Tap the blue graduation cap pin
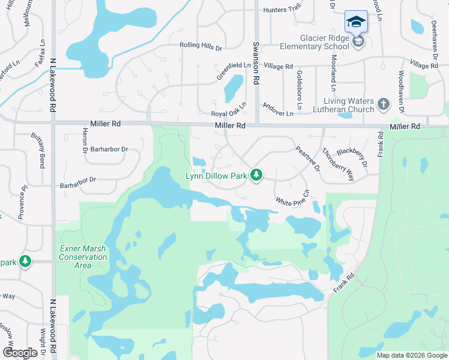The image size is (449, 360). (x=356, y=21)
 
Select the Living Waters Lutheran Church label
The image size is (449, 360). (x=349, y=105)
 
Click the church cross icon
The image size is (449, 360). (x=384, y=105)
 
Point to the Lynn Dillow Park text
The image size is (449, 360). (x=217, y=176)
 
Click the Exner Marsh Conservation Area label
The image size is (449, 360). (x=83, y=257)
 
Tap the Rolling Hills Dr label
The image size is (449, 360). (x=200, y=46)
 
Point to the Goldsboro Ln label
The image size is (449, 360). (x=299, y=90)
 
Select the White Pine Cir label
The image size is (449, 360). (x=293, y=198)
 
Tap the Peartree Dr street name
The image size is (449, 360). (x=306, y=158)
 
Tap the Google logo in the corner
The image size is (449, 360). (x=20, y=353)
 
